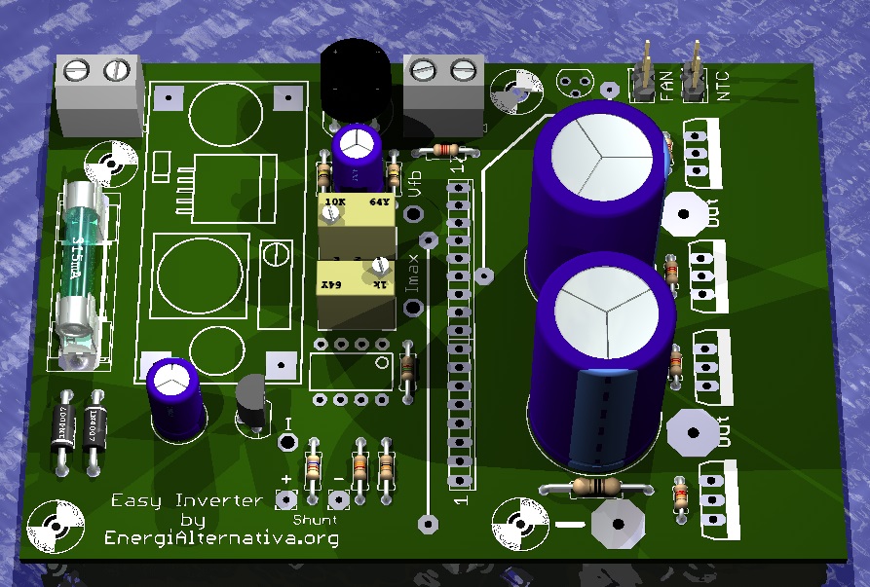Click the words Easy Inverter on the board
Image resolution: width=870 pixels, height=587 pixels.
tap(186, 500)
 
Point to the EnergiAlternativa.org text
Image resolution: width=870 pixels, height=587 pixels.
tap(221, 536)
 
